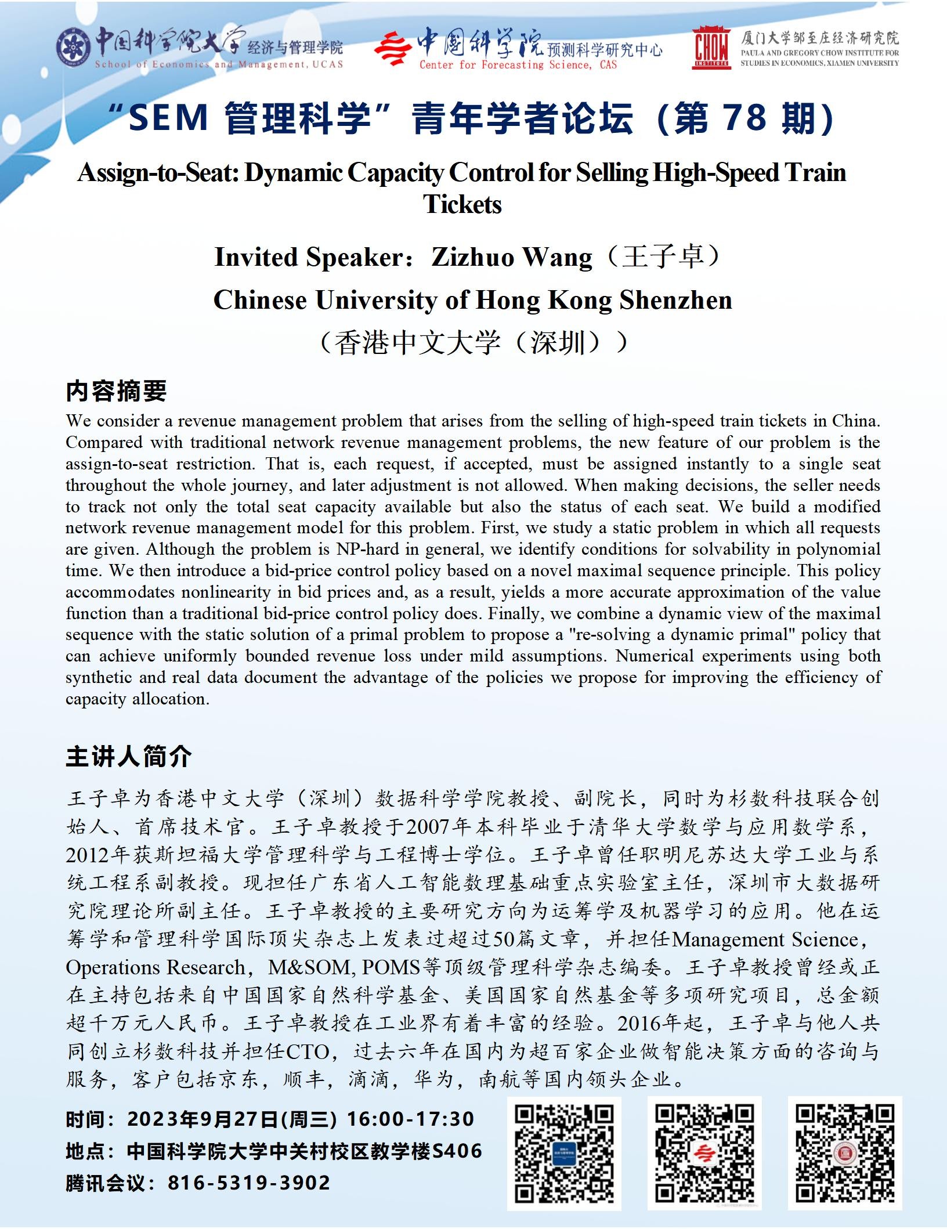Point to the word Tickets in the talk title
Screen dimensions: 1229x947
coord(462,204)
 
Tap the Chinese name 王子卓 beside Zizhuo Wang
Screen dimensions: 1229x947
coord(663,257)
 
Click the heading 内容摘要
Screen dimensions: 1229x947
coord(116,391)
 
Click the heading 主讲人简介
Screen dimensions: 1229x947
coord(129,757)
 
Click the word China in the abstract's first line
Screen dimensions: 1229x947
coord(855,421)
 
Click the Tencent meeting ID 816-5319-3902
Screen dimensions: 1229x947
coord(249,1183)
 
